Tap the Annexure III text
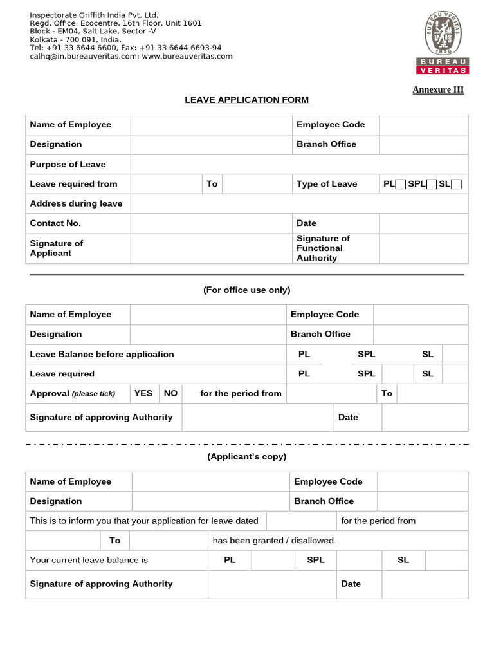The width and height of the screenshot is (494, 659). pos(438,89)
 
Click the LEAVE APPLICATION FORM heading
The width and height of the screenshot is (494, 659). pos(246,100)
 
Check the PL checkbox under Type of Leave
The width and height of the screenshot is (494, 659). pos(401,185)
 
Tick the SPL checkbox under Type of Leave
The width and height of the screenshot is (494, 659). pos(432,185)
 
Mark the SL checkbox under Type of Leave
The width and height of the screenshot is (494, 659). pos(456,185)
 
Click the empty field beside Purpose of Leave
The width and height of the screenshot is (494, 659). pos(299,164)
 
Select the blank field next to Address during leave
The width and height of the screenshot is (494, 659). pos(299,203)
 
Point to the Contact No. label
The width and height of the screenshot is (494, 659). pos(55,223)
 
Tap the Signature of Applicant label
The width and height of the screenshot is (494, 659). pos(57,248)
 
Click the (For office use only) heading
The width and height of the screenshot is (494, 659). pos(246,290)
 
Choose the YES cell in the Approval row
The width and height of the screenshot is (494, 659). pos(143,393)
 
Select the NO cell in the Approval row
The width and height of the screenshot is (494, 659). pos(170,393)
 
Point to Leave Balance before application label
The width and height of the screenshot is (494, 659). pos(102,354)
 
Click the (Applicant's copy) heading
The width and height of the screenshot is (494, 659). pos(246,457)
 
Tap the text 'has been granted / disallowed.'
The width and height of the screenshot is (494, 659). pos(274,541)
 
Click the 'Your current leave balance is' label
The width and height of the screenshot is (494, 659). pos(89,560)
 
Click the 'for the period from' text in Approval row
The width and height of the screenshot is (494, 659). pos(241,393)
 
